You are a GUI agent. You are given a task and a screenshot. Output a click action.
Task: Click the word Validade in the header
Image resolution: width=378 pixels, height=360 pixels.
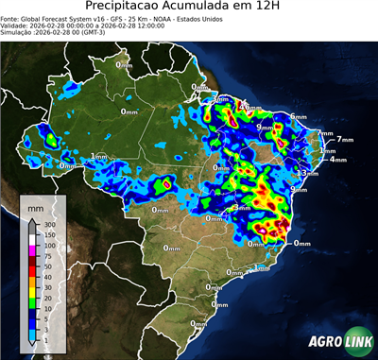(x=16, y=25)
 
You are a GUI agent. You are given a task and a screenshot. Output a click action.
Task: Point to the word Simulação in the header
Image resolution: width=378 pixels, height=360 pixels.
(x=18, y=31)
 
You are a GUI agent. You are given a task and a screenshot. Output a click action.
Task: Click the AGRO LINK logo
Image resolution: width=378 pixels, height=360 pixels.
(x=339, y=341)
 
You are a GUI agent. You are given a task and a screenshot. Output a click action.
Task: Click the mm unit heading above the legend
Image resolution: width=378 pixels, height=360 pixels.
(x=36, y=206)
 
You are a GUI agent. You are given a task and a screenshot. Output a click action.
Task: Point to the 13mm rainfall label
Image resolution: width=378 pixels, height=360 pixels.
(x=305, y=174)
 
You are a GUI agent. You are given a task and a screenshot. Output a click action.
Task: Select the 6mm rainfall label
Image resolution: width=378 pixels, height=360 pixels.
(x=298, y=116)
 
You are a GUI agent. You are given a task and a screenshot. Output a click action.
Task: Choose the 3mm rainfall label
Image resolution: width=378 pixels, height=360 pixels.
(x=219, y=98)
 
